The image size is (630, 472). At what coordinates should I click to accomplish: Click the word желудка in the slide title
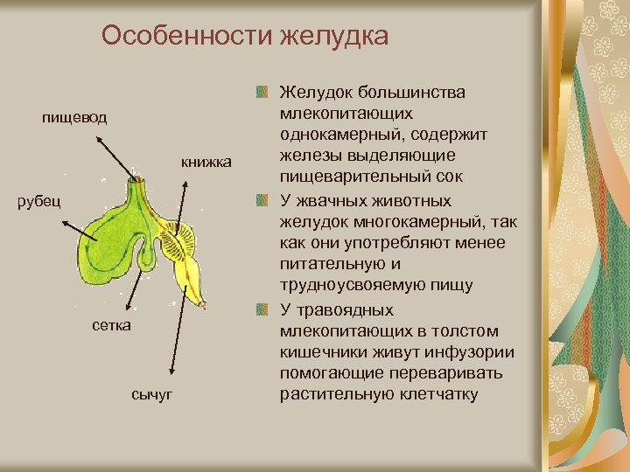pos(332,36)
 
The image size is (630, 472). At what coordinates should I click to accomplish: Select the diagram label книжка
pos(206,162)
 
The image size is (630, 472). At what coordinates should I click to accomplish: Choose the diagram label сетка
pos(111,326)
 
